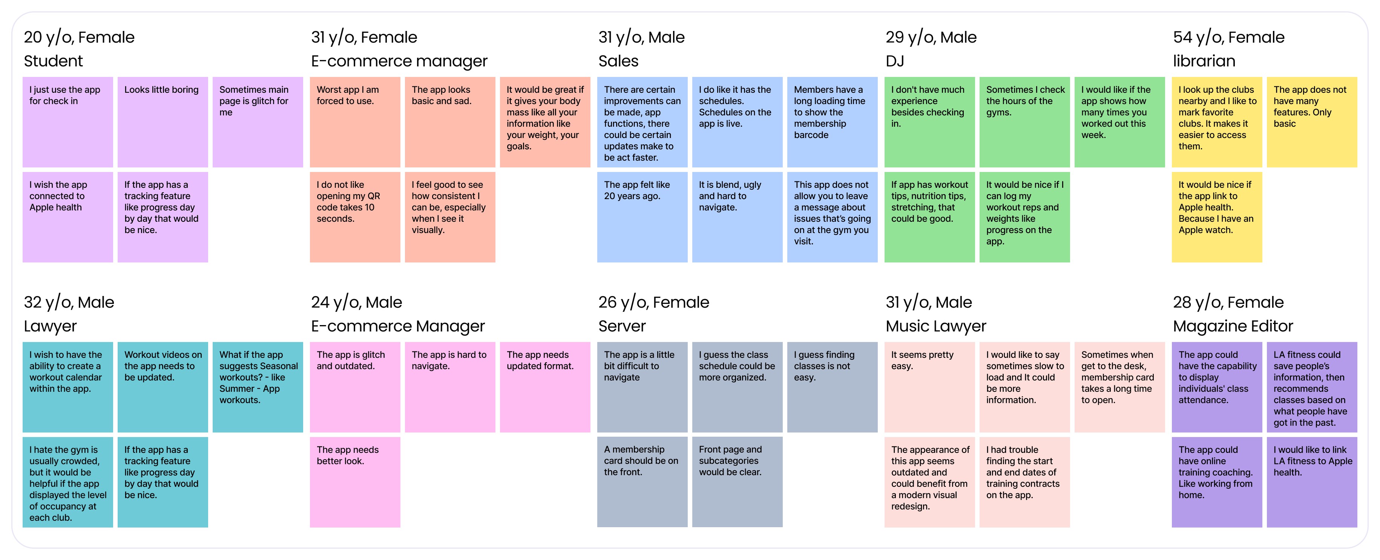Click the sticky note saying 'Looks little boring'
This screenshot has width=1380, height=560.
(x=163, y=122)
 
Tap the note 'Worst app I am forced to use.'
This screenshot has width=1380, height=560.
(x=355, y=122)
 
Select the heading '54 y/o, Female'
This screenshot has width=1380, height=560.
(x=1228, y=37)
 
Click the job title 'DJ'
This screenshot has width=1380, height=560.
(x=895, y=61)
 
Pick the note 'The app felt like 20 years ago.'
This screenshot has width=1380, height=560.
(x=642, y=216)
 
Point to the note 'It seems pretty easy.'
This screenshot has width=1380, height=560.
(x=929, y=387)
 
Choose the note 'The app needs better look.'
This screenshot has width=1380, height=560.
(x=355, y=482)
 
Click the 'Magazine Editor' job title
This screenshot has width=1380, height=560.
(x=1233, y=326)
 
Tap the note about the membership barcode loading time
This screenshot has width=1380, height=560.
(x=832, y=122)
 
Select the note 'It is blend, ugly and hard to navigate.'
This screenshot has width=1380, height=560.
(x=737, y=216)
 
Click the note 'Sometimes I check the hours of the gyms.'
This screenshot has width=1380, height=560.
(x=1024, y=122)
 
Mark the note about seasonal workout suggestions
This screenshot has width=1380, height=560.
(x=258, y=387)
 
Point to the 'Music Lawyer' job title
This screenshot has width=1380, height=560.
(x=935, y=326)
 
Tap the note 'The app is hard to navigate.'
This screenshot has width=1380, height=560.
(x=449, y=387)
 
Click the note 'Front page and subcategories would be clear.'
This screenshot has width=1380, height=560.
(x=737, y=482)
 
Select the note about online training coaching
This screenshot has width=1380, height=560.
(x=1216, y=482)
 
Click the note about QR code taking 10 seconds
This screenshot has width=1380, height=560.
(x=355, y=216)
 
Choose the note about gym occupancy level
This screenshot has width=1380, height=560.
(x=67, y=482)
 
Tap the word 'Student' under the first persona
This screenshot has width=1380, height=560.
(x=53, y=61)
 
